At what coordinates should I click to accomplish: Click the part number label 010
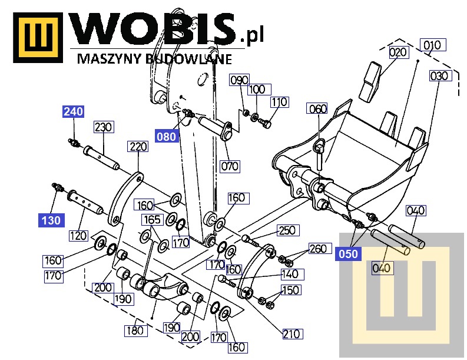(432, 45)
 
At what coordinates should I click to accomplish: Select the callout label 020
(398, 52)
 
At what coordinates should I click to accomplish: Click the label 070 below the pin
(230, 166)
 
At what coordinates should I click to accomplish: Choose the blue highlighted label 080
(167, 137)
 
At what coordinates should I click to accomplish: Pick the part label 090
(239, 80)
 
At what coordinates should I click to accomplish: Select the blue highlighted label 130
(50, 221)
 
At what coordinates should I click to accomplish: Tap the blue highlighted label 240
(74, 111)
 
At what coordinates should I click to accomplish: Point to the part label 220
(138, 147)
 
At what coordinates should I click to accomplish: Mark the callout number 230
(104, 127)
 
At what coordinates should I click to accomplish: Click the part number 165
(151, 220)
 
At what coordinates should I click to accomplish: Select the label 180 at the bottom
(135, 331)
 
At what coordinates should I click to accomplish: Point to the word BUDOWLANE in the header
(195, 58)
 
